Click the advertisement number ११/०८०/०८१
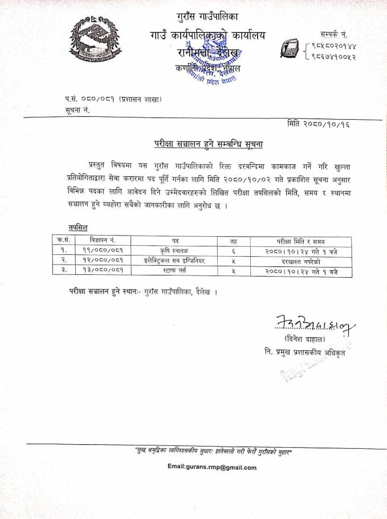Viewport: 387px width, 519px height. coord(103,250)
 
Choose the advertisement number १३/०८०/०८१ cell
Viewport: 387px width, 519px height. coord(103,271)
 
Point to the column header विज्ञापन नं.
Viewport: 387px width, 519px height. coord(103,241)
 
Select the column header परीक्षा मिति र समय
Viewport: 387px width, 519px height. coord(300,241)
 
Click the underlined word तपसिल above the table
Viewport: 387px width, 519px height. coord(77,227)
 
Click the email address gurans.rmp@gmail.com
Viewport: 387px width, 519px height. coord(212,467)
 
